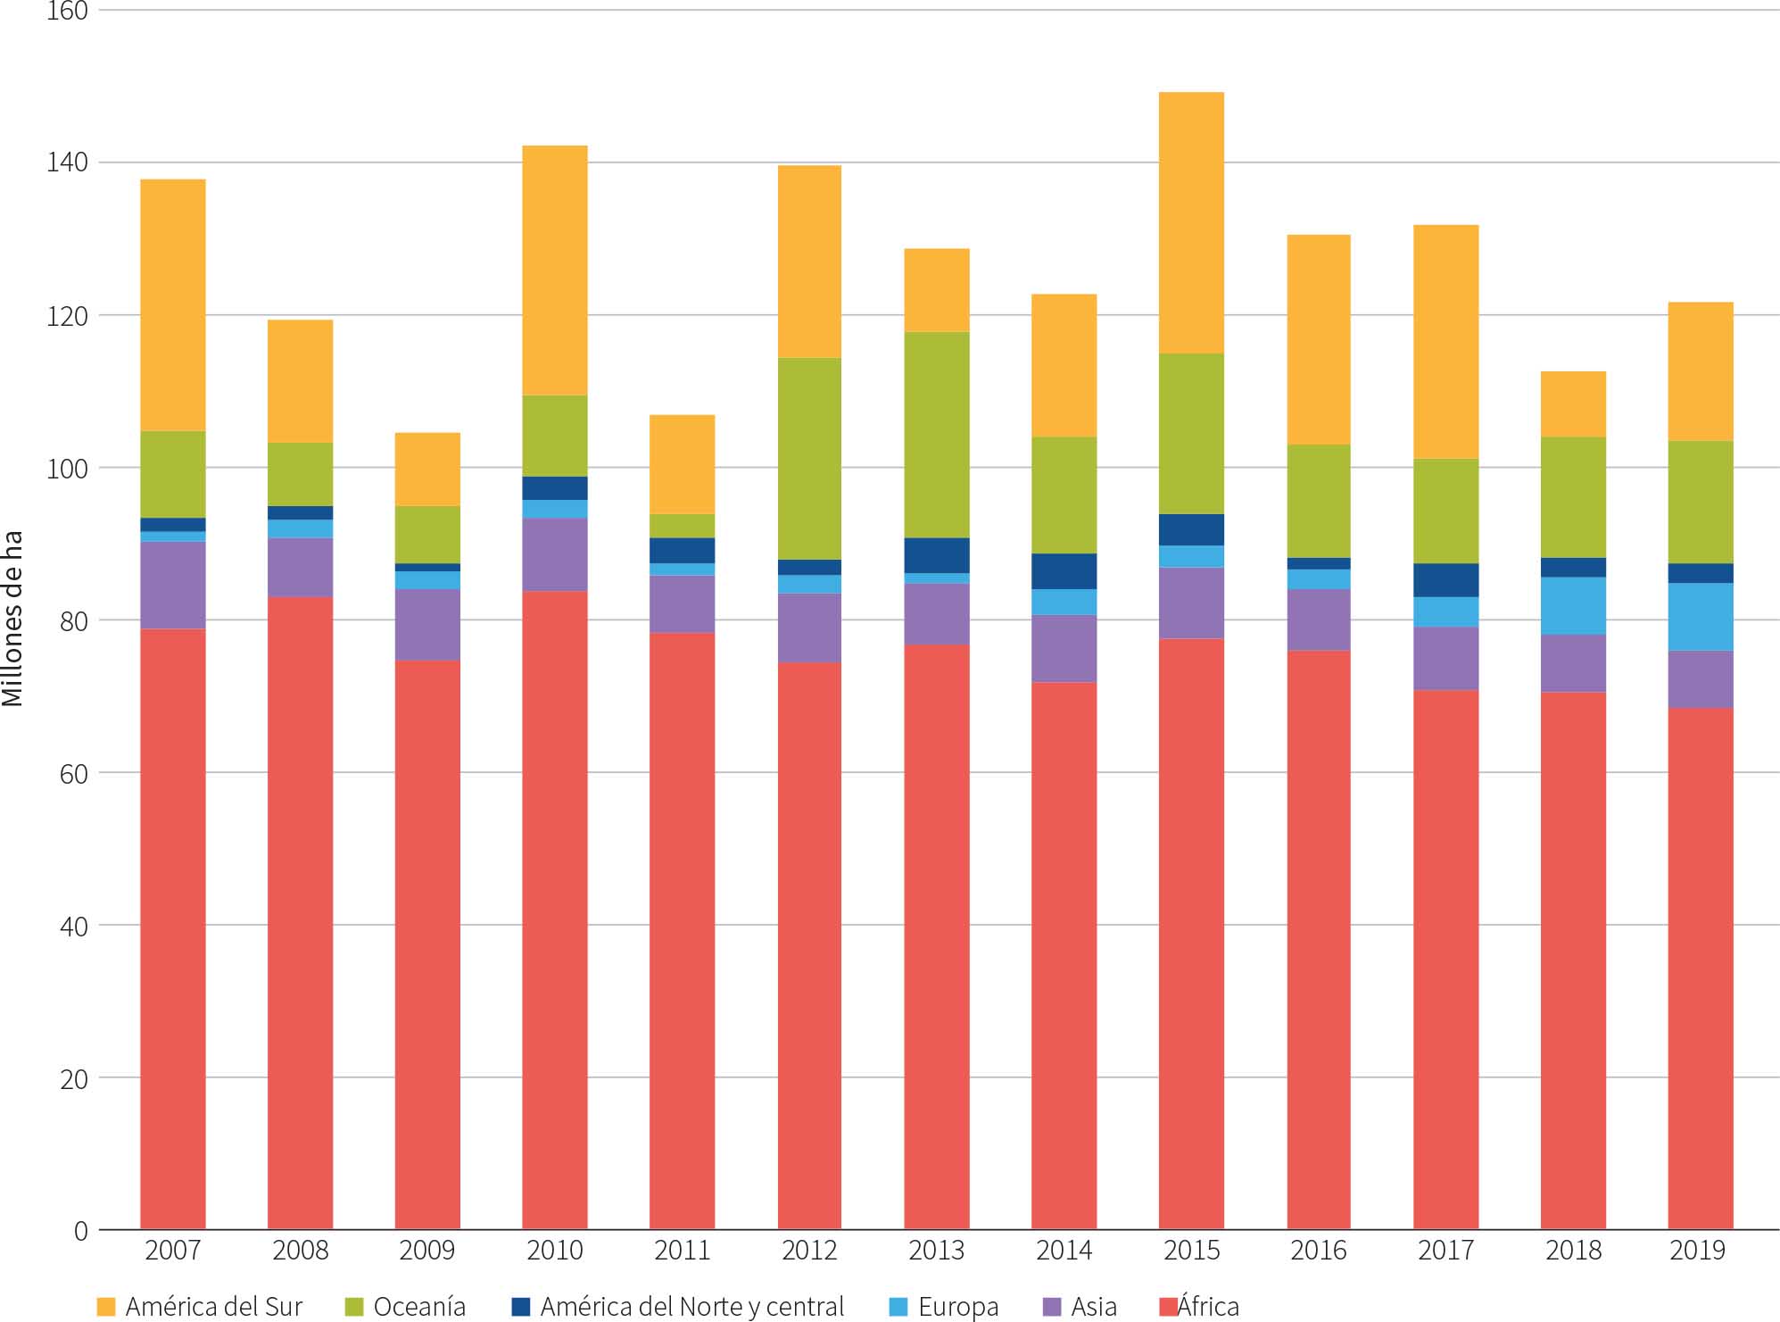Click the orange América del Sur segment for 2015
click(1191, 222)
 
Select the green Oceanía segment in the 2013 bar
click(937, 435)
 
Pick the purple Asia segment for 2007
click(173, 585)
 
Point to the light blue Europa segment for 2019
click(1700, 617)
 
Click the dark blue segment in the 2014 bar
click(1064, 571)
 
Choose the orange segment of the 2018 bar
click(1573, 403)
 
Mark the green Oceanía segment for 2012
click(809, 458)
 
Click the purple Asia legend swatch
click(1053, 1307)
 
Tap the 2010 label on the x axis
click(555, 1251)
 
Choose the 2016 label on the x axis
click(1318, 1251)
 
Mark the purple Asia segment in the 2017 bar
click(1445, 658)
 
